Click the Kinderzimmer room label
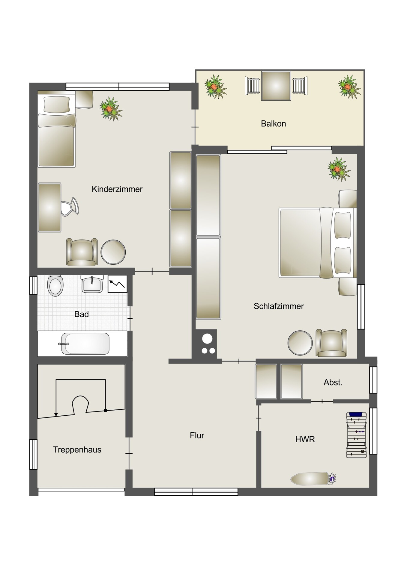pyautogui.click(x=117, y=189)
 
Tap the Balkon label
pyautogui.click(x=273, y=124)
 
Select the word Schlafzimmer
pyautogui.click(x=279, y=306)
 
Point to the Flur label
pyautogui.click(x=197, y=435)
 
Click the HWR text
pyautogui.click(x=305, y=440)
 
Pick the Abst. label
pyautogui.click(x=333, y=382)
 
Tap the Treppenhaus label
pyautogui.click(x=77, y=450)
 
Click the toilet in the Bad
pyautogui.click(x=55, y=285)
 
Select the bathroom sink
pyautogui.click(x=92, y=284)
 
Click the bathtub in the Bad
pyautogui.click(x=85, y=344)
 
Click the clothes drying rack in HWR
pyautogui.click(x=357, y=435)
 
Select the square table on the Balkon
pyautogui.click(x=276, y=86)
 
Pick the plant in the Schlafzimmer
pyautogui.click(x=339, y=169)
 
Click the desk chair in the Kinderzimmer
pyautogui.click(x=70, y=207)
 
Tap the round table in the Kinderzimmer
pyautogui.click(x=113, y=252)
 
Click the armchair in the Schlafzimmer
pyautogui.click(x=331, y=343)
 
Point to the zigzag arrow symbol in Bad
pyautogui.click(x=117, y=284)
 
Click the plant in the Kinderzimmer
pyautogui.click(x=111, y=109)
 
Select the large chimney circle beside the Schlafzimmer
pyautogui.click(x=207, y=339)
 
